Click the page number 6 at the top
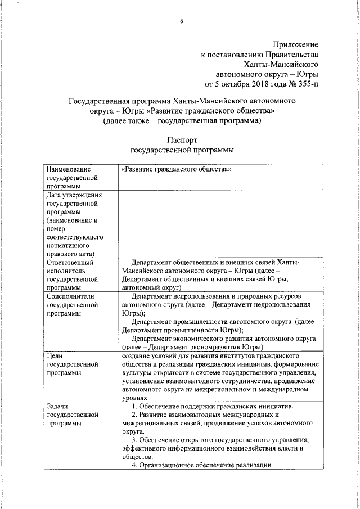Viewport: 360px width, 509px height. [x=182, y=21]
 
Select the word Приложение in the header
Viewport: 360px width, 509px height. [x=295, y=44]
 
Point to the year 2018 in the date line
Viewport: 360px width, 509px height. [x=250, y=84]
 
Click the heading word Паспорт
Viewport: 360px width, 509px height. [x=182, y=140]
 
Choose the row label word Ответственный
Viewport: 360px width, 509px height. [x=70, y=262]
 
